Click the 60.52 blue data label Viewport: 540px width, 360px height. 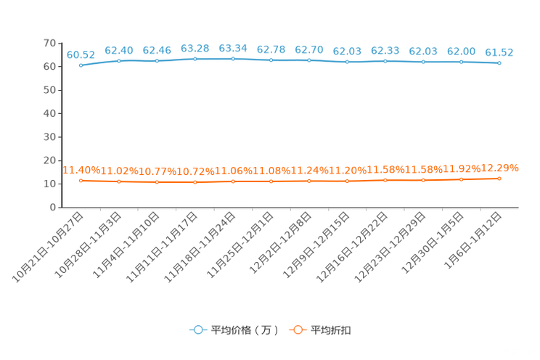point(81,54)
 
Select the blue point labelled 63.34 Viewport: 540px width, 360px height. point(233,59)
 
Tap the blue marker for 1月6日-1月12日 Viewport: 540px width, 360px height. point(499,63)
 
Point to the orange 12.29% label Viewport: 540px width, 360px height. point(499,168)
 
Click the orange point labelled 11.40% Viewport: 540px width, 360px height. point(81,181)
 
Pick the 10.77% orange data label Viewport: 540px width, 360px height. point(157,171)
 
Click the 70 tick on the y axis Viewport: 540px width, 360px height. point(49,43)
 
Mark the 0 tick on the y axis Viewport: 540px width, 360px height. point(53,207)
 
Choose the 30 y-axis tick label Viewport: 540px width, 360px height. point(49,136)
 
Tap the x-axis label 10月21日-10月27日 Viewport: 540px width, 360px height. point(48,247)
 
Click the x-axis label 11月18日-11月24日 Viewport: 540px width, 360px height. point(200,247)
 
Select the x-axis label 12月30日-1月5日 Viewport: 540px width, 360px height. point(433,243)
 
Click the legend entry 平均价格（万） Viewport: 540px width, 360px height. point(245,330)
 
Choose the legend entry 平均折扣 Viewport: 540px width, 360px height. point(331,330)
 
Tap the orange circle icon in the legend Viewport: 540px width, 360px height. point(298,330)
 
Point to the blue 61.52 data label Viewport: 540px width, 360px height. point(499,52)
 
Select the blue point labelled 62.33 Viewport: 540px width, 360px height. point(385,61)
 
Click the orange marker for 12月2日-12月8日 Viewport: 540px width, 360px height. point(309,181)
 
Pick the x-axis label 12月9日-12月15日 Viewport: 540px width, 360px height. point(316,245)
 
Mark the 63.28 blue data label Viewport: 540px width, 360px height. point(195,49)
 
